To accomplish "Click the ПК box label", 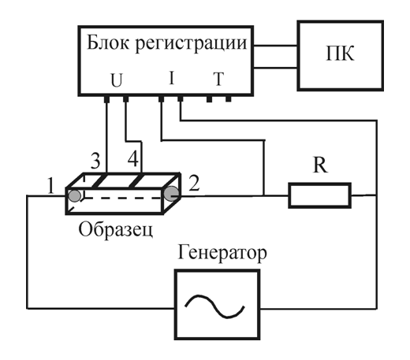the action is pos(340,54).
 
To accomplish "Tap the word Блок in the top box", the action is pos(108,42).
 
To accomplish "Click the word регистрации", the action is pos(191,44).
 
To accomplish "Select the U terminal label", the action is pos(117,80).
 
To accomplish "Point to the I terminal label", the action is pos(172,78).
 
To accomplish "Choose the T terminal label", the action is pos(218,79).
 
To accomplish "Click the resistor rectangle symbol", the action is pos(319,195).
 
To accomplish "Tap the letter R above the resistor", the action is pos(320,165).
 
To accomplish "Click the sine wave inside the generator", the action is pos(214,306).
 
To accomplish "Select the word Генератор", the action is pos(222,253).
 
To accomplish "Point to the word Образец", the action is pos(116,230).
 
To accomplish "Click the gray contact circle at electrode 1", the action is pos(75,196).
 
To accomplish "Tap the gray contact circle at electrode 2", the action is pos(172,194).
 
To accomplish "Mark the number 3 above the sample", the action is pos(95,161).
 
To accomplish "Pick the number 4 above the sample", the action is pos(133,159).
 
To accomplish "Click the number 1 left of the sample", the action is pos(50,186).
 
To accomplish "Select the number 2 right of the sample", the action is pos(194,183).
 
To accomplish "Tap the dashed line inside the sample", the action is pos(122,199).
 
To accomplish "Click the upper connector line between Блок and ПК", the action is pos(276,46).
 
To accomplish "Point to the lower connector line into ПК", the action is pos(276,68).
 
